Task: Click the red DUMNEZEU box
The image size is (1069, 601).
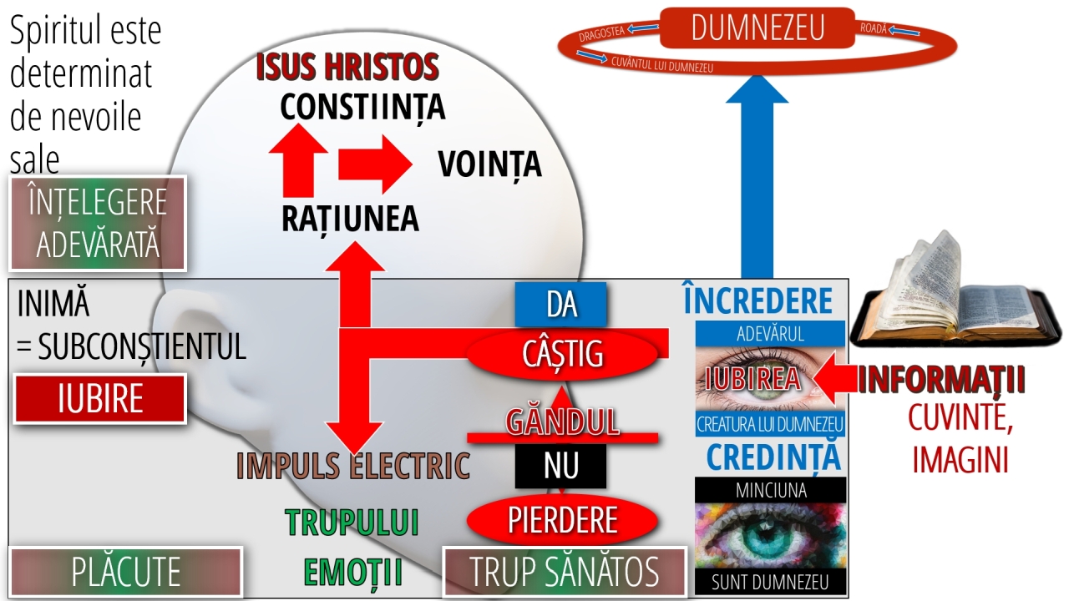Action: (x=757, y=28)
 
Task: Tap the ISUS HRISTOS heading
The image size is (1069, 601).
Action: (x=347, y=66)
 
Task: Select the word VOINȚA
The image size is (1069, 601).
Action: (x=489, y=164)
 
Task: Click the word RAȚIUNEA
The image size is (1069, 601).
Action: (x=350, y=219)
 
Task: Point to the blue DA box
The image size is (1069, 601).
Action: (x=560, y=305)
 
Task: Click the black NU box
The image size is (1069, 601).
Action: (x=560, y=466)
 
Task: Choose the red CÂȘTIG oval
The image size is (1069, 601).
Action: (x=562, y=354)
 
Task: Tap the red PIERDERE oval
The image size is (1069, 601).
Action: (x=562, y=520)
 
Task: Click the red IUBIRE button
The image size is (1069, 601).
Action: (x=99, y=399)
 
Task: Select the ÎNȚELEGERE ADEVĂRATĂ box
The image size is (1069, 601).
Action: (x=98, y=223)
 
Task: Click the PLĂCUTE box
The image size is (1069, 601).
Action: (x=126, y=572)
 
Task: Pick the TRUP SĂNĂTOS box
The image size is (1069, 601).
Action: (x=565, y=572)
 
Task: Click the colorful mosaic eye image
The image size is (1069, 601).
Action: (x=770, y=535)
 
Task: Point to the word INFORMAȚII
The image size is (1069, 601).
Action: (x=941, y=380)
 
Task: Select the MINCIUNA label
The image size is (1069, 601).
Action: (x=770, y=490)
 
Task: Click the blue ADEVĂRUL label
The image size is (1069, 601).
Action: (x=770, y=333)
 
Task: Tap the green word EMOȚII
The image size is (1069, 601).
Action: (x=353, y=573)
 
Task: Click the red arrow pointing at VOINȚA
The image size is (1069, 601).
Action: (x=375, y=164)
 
